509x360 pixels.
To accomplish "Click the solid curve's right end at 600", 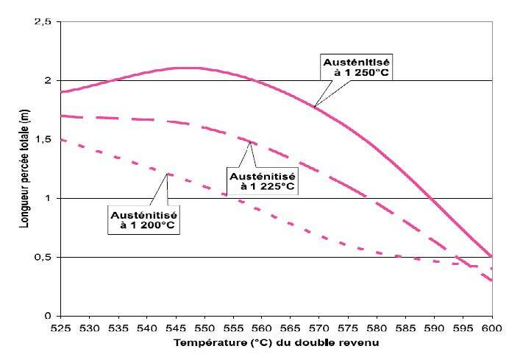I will pyautogui.click(x=491, y=256).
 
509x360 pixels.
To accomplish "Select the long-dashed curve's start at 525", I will pyautogui.click(x=61, y=116).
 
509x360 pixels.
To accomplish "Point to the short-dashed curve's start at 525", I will pyautogui.click(x=61, y=139).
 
